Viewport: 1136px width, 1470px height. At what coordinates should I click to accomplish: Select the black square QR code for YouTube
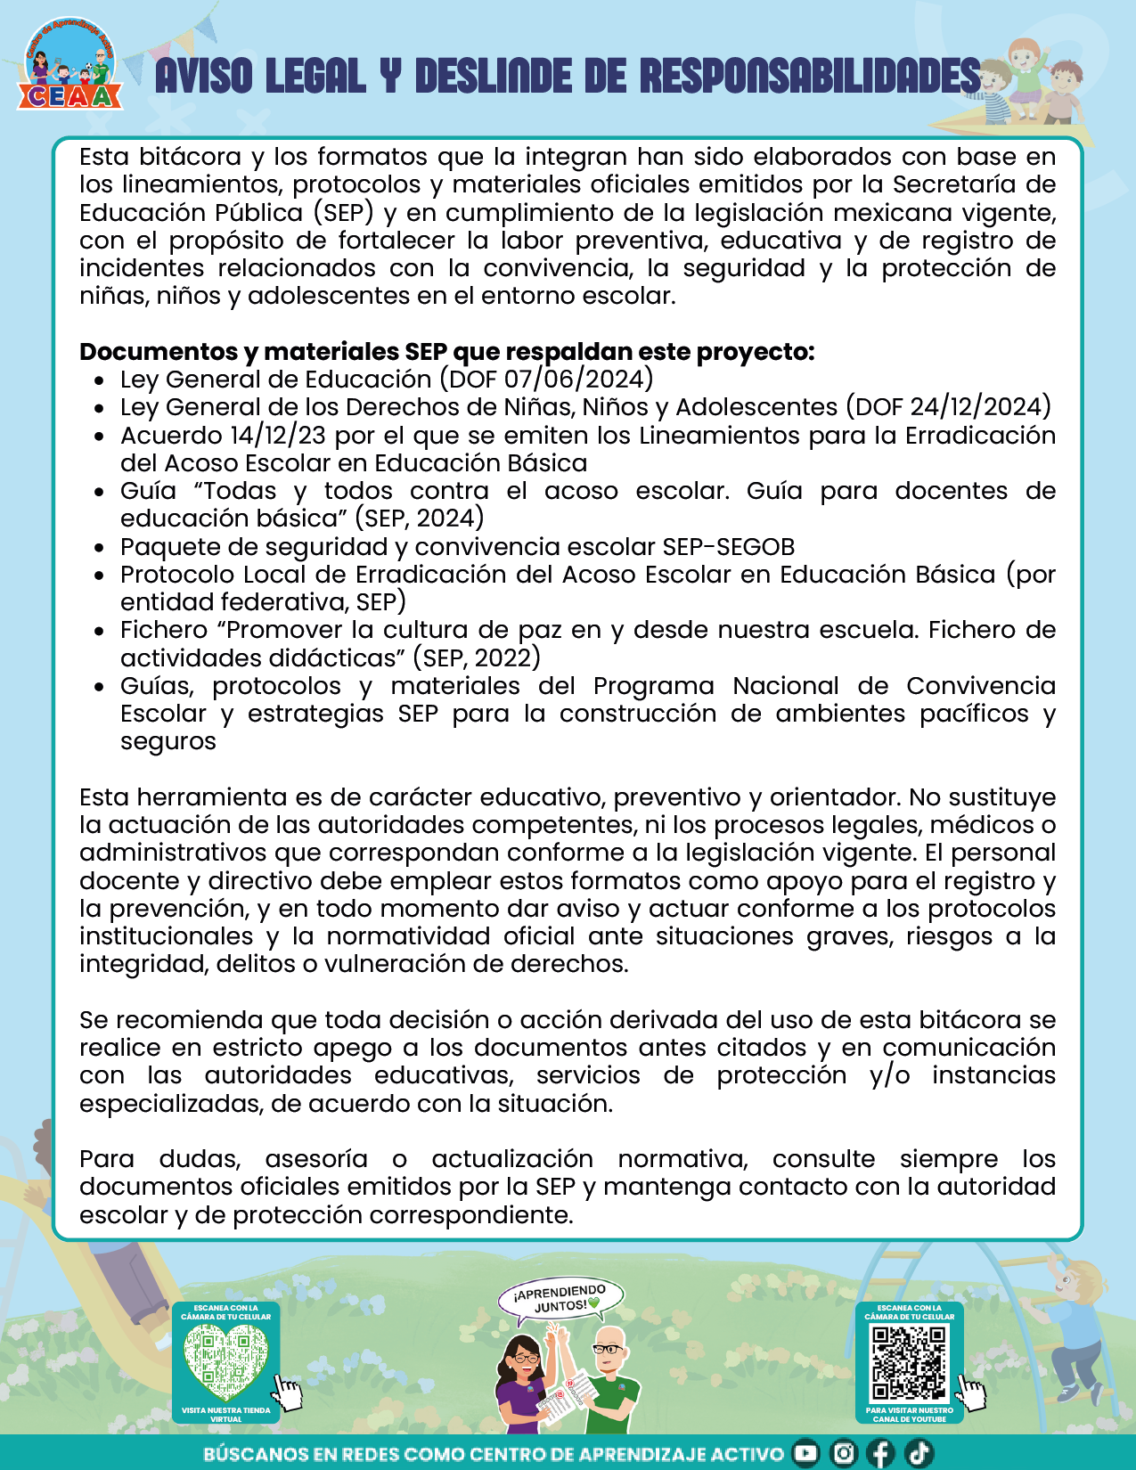(909, 1362)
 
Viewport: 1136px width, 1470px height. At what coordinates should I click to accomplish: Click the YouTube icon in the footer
(805, 1453)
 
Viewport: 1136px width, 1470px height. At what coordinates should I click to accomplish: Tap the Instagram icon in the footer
(843, 1453)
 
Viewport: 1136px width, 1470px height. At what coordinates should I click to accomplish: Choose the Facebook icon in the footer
(880, 1453)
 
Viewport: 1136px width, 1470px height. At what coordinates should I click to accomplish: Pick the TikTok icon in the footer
(919, 1453)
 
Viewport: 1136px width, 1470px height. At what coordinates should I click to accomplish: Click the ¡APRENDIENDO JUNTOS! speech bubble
(561, 1298)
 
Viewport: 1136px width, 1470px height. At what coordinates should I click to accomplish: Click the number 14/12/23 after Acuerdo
(278, 436)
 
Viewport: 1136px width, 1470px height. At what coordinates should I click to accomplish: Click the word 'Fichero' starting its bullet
(164, 630)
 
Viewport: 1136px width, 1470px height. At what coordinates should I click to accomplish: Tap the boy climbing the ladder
(1073, 1336)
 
